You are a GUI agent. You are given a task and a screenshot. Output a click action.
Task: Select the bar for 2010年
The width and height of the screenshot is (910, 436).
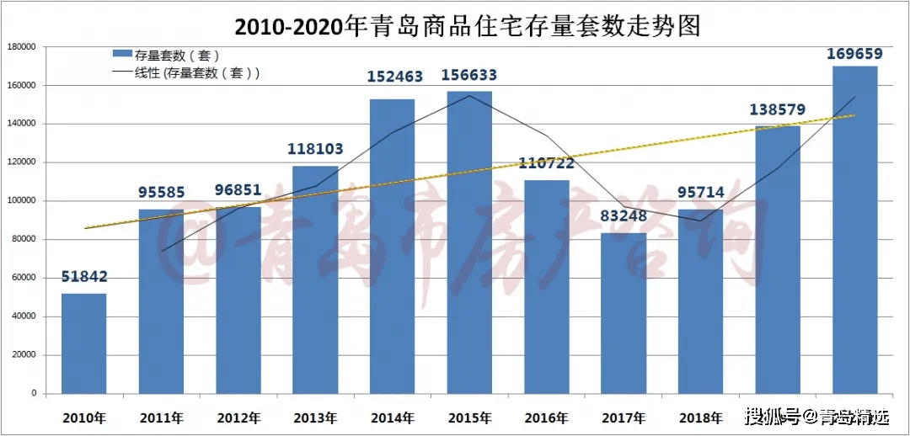click(84, 343)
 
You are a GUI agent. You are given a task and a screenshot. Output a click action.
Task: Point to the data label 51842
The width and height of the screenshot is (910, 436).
click(84, 277)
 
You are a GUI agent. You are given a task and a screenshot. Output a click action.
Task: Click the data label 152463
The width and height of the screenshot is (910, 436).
click(393, 77)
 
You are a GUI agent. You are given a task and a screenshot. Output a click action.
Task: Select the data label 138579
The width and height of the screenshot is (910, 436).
click(777, 109)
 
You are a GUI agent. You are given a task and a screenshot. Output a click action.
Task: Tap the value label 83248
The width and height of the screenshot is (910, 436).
click(624, 215)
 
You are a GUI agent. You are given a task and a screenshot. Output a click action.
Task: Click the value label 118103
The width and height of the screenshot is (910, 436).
click(316, 148)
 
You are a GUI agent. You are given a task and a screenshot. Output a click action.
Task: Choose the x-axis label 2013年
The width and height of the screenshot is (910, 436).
click(316, 417)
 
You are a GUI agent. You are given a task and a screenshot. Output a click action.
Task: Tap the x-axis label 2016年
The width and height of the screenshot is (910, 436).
click(547, 417)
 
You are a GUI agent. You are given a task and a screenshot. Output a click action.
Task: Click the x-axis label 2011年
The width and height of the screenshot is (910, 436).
click(162, 417)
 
